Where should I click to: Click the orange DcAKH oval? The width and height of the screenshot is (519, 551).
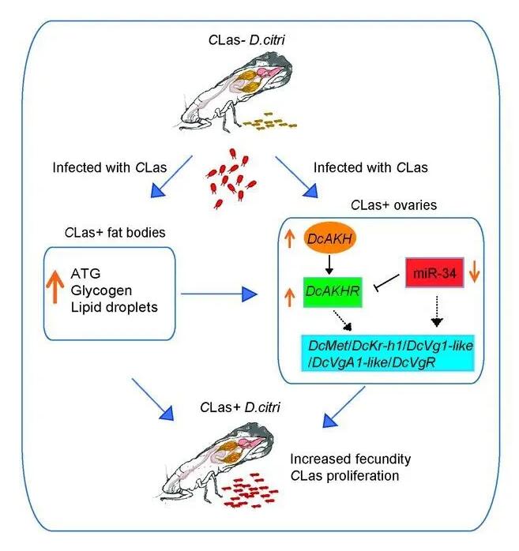click(x=329, y=238)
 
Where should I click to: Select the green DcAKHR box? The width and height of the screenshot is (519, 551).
click(x=333, y=292)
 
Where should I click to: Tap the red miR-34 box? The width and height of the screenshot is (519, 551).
click(x=434, y=272)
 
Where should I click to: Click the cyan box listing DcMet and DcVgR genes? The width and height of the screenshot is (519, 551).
click(x=388, y=354)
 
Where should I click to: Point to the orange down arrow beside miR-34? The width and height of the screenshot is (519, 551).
click(x=475, y=271)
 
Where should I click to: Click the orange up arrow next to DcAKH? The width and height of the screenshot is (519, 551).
click(x=289, y=238)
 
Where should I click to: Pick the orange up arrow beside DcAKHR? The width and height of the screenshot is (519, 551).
click(x=289, y=297)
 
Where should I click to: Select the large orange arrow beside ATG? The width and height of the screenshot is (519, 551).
click(x=55, y=287)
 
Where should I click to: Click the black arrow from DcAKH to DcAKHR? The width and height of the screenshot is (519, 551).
click(x=329, y=265)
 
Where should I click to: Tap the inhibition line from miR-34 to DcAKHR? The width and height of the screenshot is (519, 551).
click(x=387, y=283)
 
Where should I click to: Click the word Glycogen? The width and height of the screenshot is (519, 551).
click(x=101, y=290)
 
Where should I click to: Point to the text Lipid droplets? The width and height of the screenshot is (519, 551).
click(x=115, y=307)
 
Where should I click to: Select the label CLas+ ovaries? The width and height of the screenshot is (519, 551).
click(x=394, y=205)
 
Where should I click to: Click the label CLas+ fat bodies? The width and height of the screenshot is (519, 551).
click(x=115, y=233)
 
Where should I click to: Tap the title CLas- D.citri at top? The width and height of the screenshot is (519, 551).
click(x=246, y=39)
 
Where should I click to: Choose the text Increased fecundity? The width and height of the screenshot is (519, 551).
click(x=351, y=459)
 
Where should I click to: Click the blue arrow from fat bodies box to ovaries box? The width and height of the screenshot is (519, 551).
click(x=219, y=294)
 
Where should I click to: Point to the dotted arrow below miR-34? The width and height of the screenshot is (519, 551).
click(x=437, y=312)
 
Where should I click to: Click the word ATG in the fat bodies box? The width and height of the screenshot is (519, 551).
click(x=86, y=273)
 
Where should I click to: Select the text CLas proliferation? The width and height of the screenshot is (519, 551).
click(x=345, y=476)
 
